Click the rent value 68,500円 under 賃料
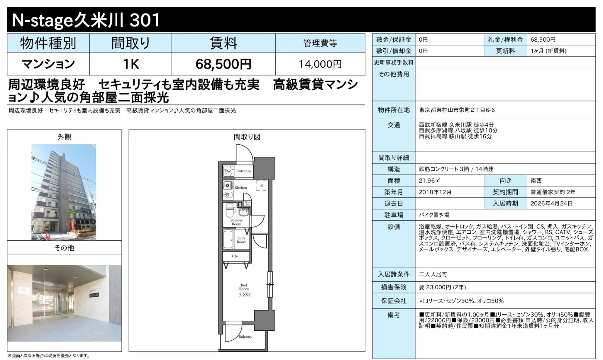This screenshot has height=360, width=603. tap(223, 64)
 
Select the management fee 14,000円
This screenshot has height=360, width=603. tap(320, 64)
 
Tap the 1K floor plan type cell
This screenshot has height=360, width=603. tap(131, 64)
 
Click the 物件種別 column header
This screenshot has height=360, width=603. tap(48, 43)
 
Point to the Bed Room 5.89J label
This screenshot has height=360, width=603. tap(244, 290)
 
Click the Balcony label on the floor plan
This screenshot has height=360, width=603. tap(245, 337)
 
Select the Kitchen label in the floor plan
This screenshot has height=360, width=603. tap(240, 188)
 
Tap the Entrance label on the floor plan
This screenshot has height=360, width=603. tap(244, 171)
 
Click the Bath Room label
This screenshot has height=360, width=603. tap(241, 240)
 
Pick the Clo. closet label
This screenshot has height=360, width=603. tap(235, 256)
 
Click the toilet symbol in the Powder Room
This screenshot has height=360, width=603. tap(229, 210)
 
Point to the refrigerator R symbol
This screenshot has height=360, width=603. tap(261, 185)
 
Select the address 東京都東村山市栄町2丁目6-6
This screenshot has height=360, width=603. tap(457, 110)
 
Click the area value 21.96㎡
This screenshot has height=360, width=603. tap(429, 181)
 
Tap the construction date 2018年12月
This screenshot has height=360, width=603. tap(435, 192)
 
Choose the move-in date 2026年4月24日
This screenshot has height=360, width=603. tap(551, 203)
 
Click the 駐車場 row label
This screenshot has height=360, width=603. tap(394, 215)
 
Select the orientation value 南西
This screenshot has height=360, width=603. tap(536, 181)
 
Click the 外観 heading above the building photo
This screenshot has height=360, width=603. tap(64, 137)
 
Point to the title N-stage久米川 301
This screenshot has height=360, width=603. tap(86, 20)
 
